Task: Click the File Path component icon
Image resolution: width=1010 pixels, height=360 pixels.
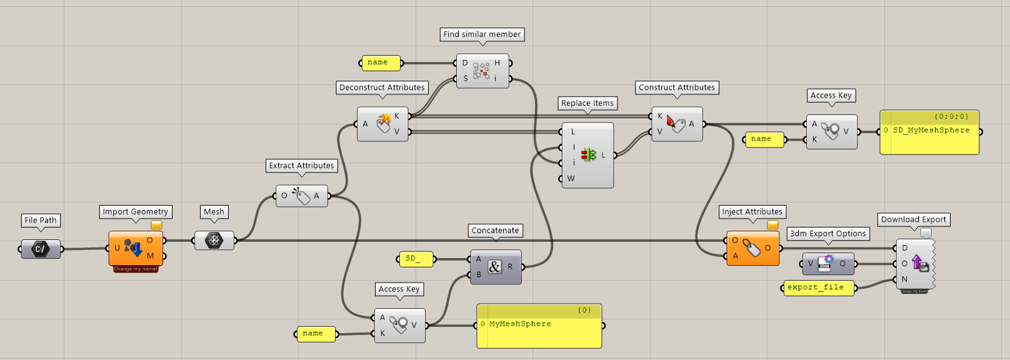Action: (x=41, y=249)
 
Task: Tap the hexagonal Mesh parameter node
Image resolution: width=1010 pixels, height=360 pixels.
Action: (x=214, y=240)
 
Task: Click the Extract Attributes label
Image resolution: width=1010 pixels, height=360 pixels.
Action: (x=301, y=166)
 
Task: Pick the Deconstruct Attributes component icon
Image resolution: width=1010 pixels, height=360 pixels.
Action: (x=383, y=123)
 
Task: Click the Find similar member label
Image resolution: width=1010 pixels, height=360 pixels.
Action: (x=482, y=34)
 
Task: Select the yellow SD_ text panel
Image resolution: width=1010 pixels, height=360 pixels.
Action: (x=417, y=259)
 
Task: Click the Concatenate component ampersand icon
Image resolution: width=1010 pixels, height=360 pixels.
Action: (x=494, y=267)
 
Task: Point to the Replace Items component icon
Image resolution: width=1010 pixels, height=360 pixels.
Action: (x=588, y=154)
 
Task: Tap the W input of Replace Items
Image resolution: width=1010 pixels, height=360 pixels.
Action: (x=570, y=179)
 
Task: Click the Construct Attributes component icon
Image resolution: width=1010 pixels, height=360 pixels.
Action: (x=676, y=123)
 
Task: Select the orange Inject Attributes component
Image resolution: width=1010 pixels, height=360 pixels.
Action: (x=752, y=248)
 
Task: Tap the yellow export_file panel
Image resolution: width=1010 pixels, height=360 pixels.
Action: (x=819, y=287)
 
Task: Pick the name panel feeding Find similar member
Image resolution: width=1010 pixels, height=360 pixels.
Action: (x=381, y=62)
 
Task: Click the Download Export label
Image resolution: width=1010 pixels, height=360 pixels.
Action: (x=913, y=219)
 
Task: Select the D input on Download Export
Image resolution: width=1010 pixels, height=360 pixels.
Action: (x=904, y=248)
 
